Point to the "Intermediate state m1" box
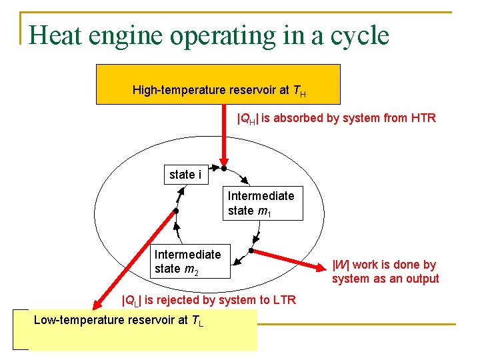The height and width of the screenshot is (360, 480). pos(261,203)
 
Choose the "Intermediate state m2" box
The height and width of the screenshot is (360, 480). pos(187,261)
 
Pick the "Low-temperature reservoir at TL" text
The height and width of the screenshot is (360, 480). pos(118,320)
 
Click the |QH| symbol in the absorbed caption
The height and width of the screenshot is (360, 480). pos(248,119)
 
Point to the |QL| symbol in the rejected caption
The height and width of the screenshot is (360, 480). pos(131,301)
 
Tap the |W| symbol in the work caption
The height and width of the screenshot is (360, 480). pos(341,265)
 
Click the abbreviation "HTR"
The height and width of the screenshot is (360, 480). pos(422,119)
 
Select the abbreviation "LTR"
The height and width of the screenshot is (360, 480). pos(283,300)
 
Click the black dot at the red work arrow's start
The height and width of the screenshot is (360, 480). pos(251,250)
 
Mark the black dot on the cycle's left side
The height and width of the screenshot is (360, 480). pos(176,211)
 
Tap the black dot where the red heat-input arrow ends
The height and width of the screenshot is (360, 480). pos(224,169)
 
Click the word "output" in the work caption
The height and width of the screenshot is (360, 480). pos(421,279)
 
